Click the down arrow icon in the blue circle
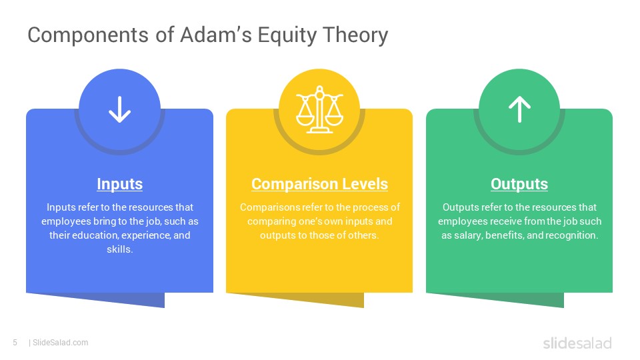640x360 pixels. coord(119,109)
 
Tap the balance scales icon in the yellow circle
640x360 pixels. coord(319,109)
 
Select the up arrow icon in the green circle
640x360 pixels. coord(519,109)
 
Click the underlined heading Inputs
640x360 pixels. coord(119,184)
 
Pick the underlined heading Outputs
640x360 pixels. coord(519,184)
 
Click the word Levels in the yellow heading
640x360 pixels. coord(365,184)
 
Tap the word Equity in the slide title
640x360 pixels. coord(287,35)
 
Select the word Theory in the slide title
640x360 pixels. coord(355,35)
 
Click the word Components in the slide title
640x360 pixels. coord(88,35)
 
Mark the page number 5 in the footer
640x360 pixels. coord(15,343)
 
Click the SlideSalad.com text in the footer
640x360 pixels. coord(61,343)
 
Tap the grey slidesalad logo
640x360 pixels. coord(577,343)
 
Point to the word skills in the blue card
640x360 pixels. coord(119,249)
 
